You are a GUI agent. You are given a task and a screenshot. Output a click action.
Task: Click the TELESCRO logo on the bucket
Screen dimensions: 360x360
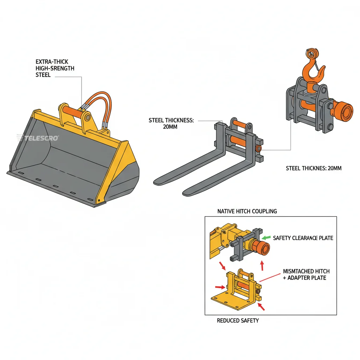click(38, 138)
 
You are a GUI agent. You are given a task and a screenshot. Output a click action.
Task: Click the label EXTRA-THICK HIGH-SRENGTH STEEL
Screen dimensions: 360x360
click(55, 68)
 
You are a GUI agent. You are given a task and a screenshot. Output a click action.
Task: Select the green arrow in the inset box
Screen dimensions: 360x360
click(267, 238)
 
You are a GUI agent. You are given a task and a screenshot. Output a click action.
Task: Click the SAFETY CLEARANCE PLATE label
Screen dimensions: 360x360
click(303, 238)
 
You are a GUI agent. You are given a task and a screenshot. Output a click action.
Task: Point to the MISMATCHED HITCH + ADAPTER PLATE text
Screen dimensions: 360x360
click(306, 275)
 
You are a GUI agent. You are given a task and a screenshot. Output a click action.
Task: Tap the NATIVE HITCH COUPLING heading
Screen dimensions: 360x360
click(247, 211)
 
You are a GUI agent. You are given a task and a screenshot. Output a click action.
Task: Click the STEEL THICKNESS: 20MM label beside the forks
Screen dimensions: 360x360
click(171, 123)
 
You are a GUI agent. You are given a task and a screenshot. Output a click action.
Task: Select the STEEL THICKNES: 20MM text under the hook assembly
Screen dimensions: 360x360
click(314, 168)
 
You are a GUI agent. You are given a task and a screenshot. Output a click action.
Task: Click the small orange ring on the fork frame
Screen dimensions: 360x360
click(259, 149)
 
